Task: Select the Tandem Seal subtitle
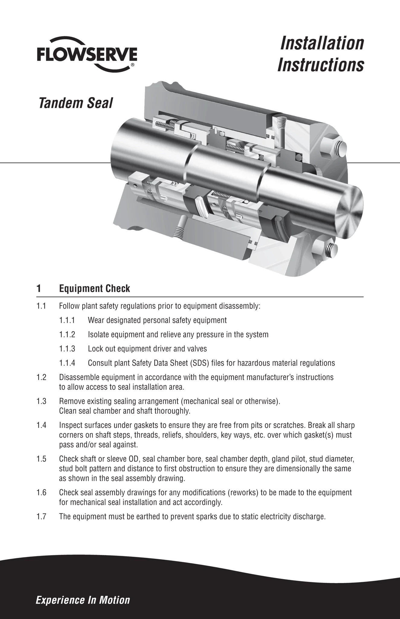point(75,103)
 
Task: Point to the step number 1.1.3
point(67,349)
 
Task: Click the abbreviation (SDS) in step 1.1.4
point(200,363)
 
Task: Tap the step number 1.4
point(41,426)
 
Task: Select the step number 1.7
point(41,516)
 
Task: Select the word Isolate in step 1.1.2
point(98,335)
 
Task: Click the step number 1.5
point(41,459)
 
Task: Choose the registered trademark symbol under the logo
point(133,65)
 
